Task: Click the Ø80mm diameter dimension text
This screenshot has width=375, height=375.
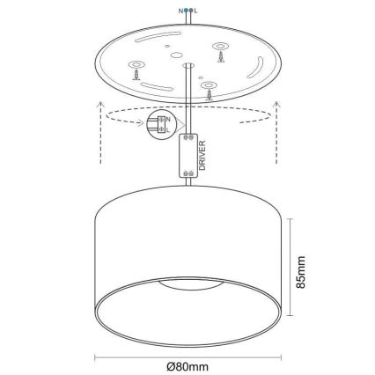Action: [187, 366]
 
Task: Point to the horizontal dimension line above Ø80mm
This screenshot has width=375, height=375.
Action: [187, 357]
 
